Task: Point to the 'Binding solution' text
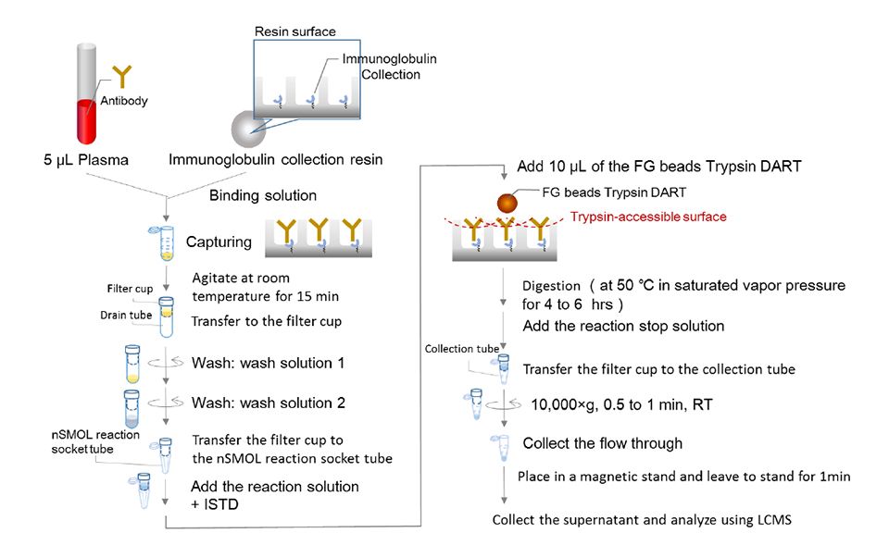pos(263,195)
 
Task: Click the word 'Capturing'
pos(219,242)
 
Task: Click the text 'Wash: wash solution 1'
pos(268,364)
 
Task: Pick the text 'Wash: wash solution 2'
pos(268,403)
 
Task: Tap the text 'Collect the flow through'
pos(602,443)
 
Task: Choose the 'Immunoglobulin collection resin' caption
pos(275,160)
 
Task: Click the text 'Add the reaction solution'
pos(274,486)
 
